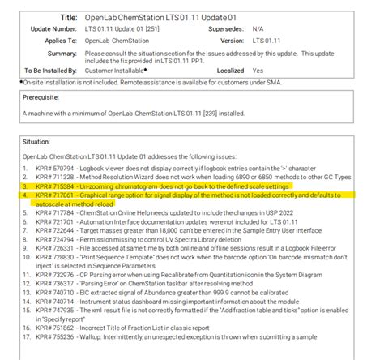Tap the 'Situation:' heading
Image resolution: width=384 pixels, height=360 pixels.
click(x=39, y=140)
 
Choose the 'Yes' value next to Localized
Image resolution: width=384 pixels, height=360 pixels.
click(x=258, y=71)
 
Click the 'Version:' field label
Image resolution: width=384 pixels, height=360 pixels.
click(x=232, y=39)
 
